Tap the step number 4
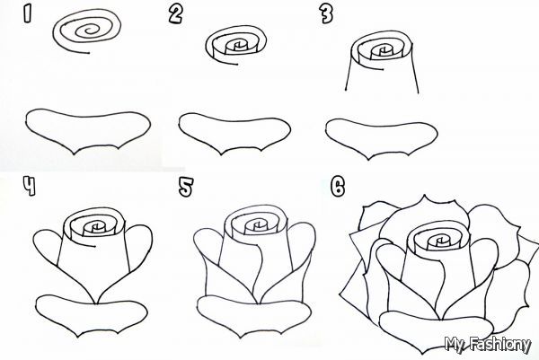29,187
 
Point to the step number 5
186,187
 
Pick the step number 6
337,187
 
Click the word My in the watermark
458,342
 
